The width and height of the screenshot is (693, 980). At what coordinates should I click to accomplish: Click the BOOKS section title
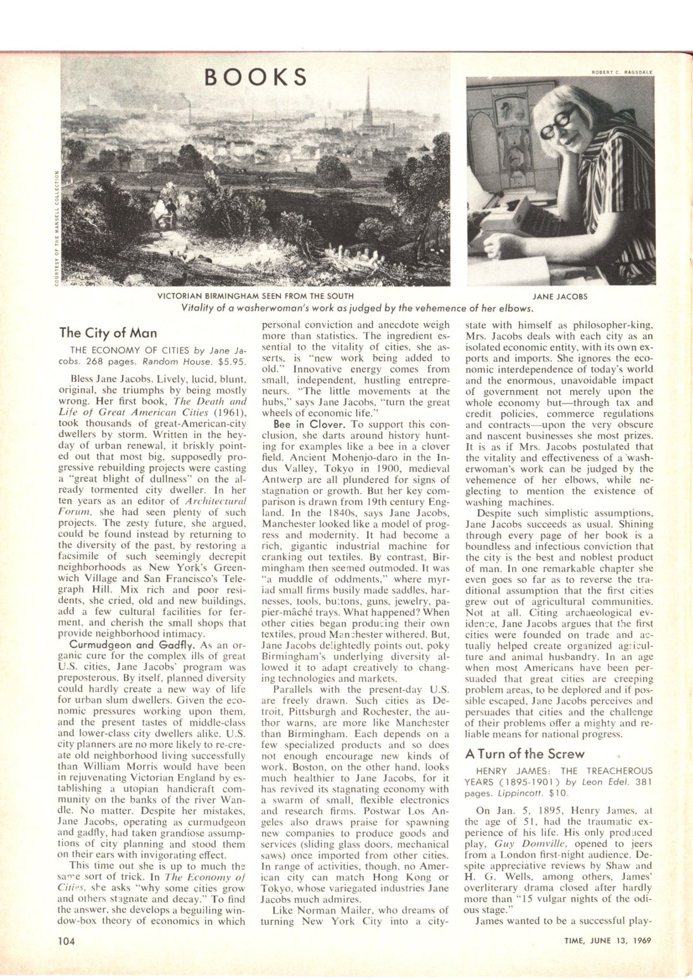pyautogui.click(x=256, y=76)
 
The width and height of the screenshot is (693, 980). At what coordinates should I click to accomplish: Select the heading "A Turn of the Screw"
pyautogui.click(x=525, y=754)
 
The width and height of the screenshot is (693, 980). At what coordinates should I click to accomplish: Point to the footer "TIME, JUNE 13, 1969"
pyautogui.click(x=608, y=940)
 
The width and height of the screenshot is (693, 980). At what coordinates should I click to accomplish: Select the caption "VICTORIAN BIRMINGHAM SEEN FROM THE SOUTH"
pyautogui.click(x=256, y=295)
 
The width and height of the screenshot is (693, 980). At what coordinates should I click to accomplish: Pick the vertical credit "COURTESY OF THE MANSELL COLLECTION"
pyautogui.click(x=56, y=228)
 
